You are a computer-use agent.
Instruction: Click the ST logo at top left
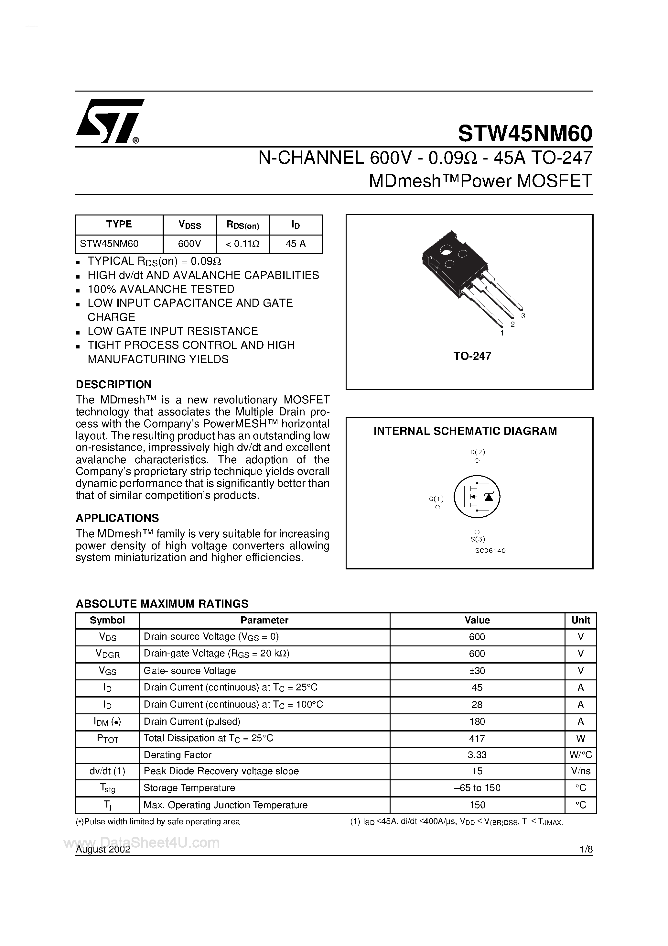[x=109, y=121]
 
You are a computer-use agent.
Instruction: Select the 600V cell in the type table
[x=189, y=244]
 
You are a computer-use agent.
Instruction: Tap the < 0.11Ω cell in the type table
[x=242, y=244]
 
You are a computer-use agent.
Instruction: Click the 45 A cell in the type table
[x=296, y=244]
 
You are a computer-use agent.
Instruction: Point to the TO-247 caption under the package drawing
[x=472, y=356]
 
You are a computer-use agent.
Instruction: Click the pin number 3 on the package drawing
[x=523, y=316]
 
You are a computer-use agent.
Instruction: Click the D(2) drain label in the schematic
[x=477, y=452]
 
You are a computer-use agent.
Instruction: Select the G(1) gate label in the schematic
[x=436, y=499]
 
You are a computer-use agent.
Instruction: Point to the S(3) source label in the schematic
[x=477, y=539]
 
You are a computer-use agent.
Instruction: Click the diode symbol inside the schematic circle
[x=489, y=497]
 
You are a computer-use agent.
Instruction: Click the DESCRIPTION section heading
[x=114, y=384]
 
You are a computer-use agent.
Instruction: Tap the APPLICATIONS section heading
[x=117, y=518]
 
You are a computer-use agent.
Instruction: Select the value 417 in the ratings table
[x=477, y=738]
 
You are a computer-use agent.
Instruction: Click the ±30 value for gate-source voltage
[x=477, y=671]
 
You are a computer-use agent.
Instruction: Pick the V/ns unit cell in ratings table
[x=580, y=771]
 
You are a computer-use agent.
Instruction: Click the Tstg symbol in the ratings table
[x=107, y=788]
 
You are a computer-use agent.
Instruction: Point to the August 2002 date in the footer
[x=103, y=850]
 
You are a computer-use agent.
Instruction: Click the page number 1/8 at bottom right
[x=585, y=850]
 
